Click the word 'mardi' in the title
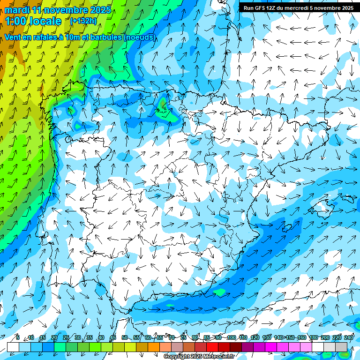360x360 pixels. pos(16,10)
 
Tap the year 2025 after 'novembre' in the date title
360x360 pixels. pos(99,10)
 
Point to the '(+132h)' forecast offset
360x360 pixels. pos(83,21)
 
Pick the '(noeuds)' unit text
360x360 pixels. pos(140,37)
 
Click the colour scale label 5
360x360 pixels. pos(18,337)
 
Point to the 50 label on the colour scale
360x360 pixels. pos(124,337)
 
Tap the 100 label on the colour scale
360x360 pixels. pos(231,337)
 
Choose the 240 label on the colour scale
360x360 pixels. pos(349,337)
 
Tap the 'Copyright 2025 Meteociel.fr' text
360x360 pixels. pos(198,356)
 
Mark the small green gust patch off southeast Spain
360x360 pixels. pos(219,292)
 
